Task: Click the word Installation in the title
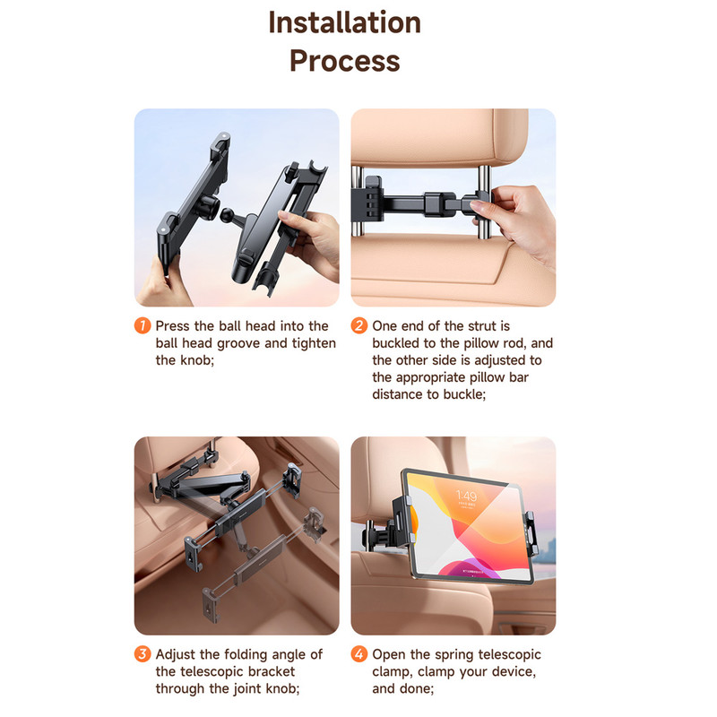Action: coord(344,22)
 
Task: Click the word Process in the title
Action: coord(345,61)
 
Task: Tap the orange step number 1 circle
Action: coord(143,325)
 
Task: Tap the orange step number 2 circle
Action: coord(359,325)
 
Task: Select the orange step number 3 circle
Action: coord(143,654)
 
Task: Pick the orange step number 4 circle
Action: coord(359,654)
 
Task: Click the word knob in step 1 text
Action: coord(195,360)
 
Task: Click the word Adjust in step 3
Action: coord(176,655)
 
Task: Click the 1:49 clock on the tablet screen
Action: coord(466,496)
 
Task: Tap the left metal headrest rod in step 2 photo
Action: coord(357,200)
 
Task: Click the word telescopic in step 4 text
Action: coord(509,655)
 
